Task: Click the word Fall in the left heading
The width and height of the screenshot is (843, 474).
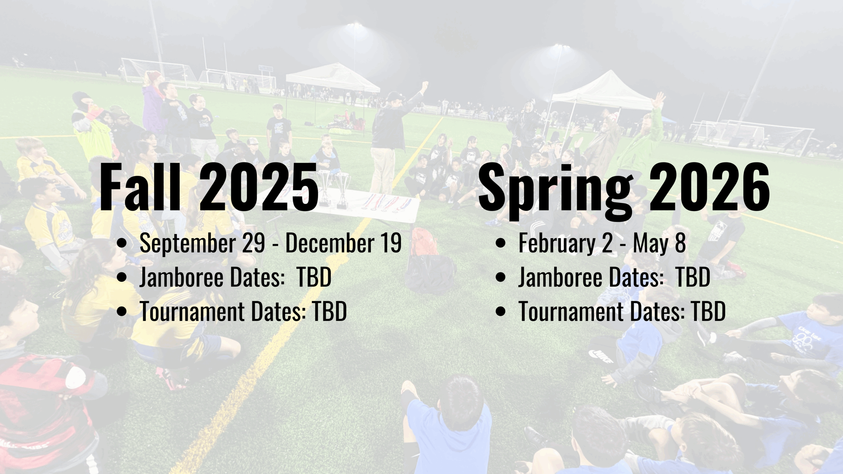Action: [140, 186]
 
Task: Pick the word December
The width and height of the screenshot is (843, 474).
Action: [329, 243]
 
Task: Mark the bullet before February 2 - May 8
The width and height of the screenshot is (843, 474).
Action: [500, 244]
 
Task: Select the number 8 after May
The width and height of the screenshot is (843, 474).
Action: [680, 243]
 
